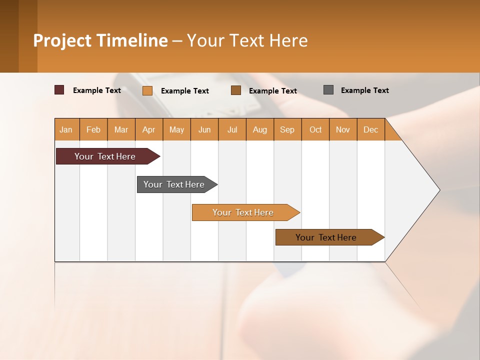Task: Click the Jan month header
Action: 66,129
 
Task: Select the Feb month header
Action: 93,129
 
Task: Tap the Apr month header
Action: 148,129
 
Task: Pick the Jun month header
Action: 204,129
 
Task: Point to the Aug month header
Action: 259,129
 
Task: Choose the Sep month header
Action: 287,129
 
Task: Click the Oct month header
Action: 315,129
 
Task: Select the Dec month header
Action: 370,129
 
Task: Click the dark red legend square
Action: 59,90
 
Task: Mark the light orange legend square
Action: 147,90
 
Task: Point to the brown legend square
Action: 236,90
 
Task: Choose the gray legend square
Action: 328,90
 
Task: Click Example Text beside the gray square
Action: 364,90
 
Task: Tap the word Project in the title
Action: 62,40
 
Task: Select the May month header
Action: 176,129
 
